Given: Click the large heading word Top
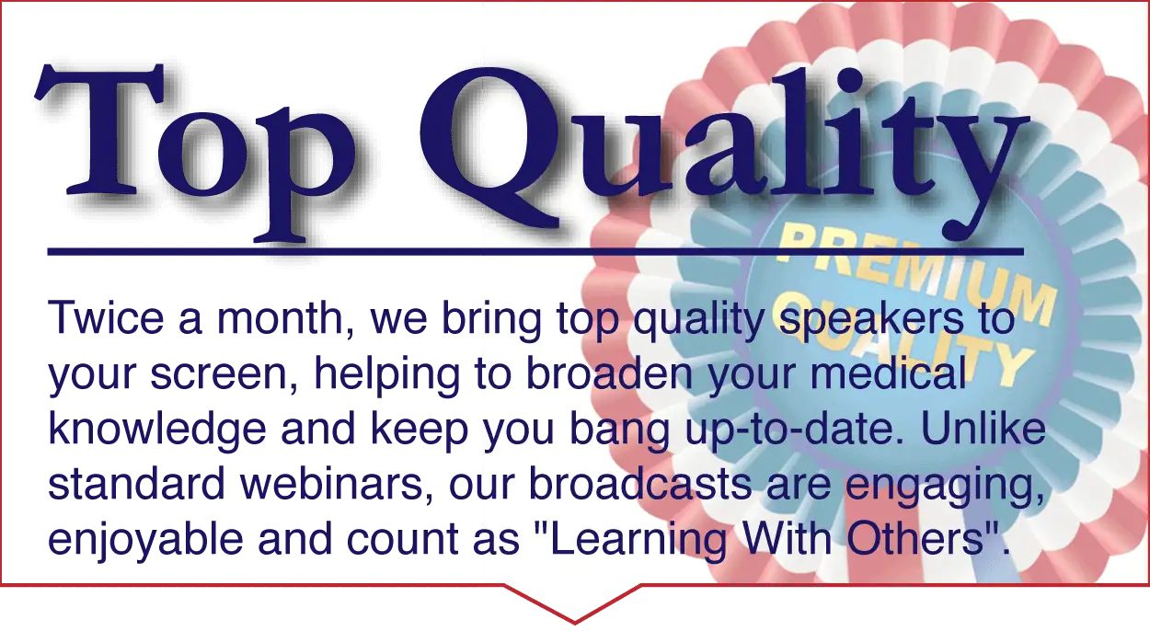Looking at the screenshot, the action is [x=195, y=152].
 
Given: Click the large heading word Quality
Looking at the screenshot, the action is [x=724, y=154].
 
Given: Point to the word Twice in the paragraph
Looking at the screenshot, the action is [x=105, y=318].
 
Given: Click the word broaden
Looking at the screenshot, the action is [x=609, y=373].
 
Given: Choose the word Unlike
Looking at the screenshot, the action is [x=983, y=428].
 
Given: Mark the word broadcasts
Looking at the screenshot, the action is [x=640, y=483].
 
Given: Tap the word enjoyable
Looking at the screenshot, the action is [x=145, y=541].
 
